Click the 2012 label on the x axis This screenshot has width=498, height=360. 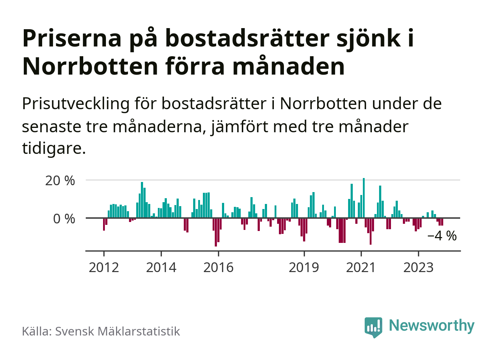pos(104,267)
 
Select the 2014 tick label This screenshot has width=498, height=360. pos(161,267)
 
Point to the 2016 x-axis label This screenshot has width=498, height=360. pos(218,267)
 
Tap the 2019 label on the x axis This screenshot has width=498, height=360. pos(304,267)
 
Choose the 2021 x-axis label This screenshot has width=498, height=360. pos(361,267)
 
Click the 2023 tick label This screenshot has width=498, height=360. pos(418,267)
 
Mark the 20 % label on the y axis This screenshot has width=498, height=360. pos(60,181)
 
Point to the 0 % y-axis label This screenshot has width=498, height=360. pos(64,219)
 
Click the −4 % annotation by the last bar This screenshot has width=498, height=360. pos(442,236)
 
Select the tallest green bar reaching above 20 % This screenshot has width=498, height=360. pos(364,198)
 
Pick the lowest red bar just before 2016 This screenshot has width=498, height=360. pos(216,232)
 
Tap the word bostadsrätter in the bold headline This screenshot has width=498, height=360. pos(247,38)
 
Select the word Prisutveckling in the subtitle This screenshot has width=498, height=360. pos(76,104)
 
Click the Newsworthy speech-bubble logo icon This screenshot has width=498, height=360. pos(373,327)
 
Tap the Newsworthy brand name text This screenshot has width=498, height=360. pos(432,325)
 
